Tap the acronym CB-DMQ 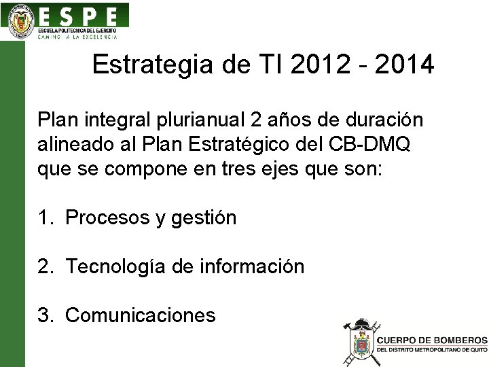(x=371, y=145)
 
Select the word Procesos (x=108, y=217)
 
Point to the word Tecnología (x=116, y=266)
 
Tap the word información (x=252, y=266)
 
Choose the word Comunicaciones (x=141, y=315)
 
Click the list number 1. (x=45, y=217)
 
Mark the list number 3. (x=45, y=315)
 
